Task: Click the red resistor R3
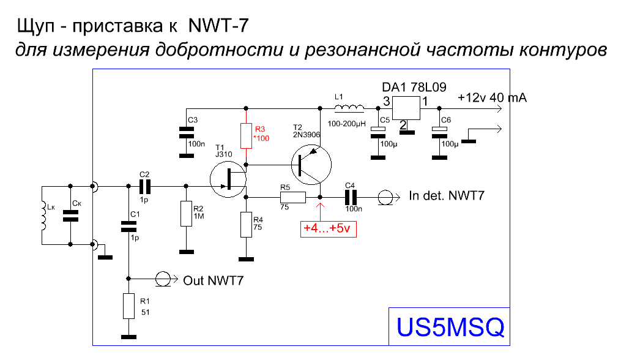(246, 136)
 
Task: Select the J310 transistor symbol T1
(227, 178)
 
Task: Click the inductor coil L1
(349, 108)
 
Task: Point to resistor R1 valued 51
(128, 306)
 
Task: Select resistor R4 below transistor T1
(246, 225)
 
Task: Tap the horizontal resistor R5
(293, 197)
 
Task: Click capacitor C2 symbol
(145, 185)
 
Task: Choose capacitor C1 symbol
(128, 227)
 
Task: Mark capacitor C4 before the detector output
(350, 197)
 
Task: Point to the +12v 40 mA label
(493, 98)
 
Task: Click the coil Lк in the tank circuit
(44, 216)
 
